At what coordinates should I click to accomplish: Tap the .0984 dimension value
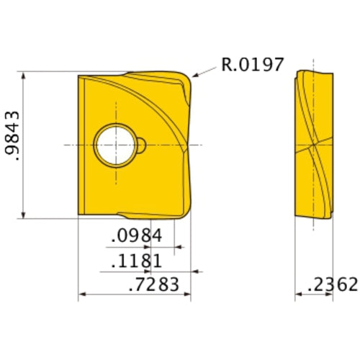pos(138,236)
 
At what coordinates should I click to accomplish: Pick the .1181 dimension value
pos(138,261)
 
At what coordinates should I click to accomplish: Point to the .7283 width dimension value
pos(153,284)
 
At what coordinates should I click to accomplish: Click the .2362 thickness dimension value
pos(332,284)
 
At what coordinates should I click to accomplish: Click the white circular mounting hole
pos(115,145)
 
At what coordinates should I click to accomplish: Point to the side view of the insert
pos(315,144)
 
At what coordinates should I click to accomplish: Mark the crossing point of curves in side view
pos(315,145)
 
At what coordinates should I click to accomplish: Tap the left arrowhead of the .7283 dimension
pos(81,294)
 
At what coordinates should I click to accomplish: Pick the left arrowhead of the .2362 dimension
pos(298,294)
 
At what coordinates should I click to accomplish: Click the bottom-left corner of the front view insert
pos(78,214)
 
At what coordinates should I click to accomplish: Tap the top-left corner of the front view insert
pos(78,74)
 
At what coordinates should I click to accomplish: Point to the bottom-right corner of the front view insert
pos(189,216)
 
